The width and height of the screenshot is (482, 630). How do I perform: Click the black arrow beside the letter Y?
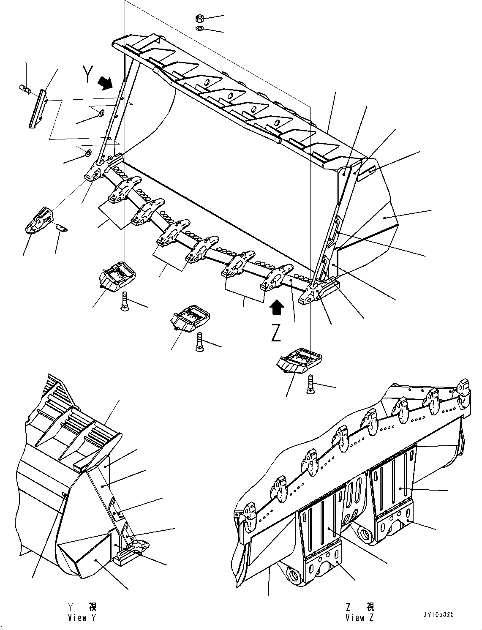click(106, 83)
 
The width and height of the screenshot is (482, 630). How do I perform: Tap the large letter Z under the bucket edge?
click(276, 332)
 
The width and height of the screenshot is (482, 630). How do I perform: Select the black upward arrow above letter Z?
click(277, 307)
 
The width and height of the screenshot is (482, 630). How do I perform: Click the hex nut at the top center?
click(200, 19)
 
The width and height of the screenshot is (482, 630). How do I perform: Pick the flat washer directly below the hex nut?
click(200, 28)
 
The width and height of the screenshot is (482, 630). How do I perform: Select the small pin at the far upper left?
click(25, 89)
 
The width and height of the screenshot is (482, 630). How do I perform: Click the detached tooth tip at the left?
click(40, 220)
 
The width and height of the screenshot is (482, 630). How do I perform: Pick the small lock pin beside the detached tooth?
click(62, 228)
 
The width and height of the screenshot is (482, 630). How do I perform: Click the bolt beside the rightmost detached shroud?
click(310, 384)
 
